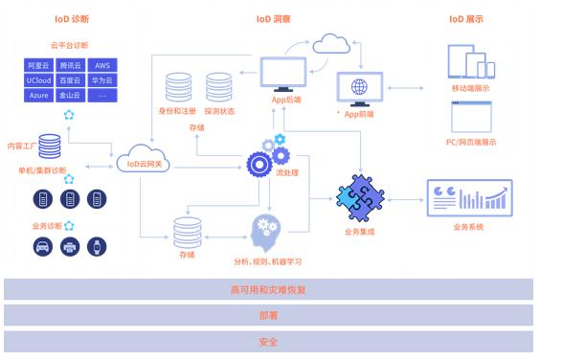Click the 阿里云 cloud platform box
(40, 66)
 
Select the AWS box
(101, 66)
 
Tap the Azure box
(40, 97)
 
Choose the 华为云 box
(101, 81)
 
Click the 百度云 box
(71, 81)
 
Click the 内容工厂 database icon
(50, 146)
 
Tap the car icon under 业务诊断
(42, 247)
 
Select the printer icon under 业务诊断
(70, 247)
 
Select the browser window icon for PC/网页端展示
(471, 120)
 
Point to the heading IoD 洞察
(276, 18)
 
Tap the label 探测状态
(223, 111)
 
